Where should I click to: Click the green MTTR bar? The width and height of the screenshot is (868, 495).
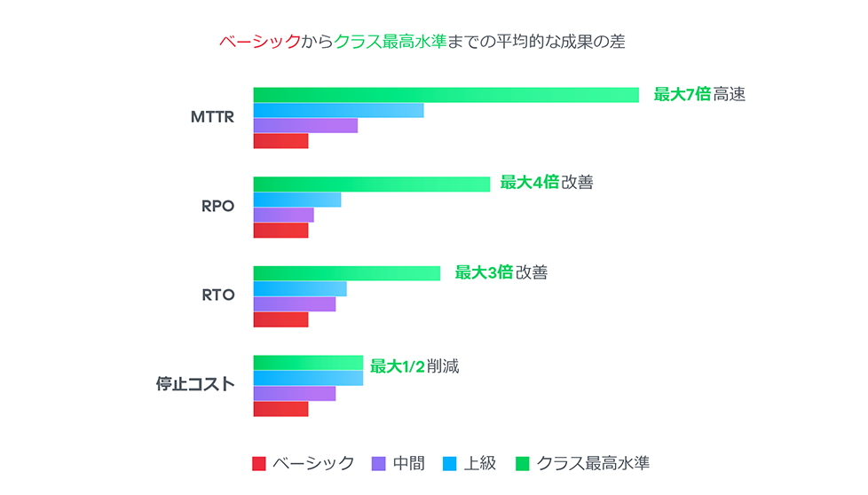click(446, 95)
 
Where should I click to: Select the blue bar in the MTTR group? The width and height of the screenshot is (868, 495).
click(338, 111)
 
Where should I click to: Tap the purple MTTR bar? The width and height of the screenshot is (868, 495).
click(305, 126)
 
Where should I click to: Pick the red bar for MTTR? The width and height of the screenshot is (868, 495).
click(280, 141)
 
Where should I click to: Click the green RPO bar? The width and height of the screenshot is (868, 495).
click(371, 185)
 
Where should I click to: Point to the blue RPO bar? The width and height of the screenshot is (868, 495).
click(296, 200)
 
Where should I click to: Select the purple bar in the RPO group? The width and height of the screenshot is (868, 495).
click(283, 216)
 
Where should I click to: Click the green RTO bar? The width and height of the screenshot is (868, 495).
click(346, 273)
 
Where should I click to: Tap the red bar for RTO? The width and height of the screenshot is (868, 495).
click(280, 319)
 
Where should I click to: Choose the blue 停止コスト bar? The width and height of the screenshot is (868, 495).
click(308, 379)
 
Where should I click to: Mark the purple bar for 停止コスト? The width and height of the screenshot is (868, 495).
click(294, 394)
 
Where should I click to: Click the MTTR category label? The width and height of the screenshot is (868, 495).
click(213, 117)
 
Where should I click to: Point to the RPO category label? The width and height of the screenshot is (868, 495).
click(217, 207)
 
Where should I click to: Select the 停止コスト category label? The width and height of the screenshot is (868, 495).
click(195, 385)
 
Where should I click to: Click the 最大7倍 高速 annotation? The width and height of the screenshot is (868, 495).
click(699, 95)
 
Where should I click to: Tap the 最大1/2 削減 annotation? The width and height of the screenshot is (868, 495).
click(414, 366)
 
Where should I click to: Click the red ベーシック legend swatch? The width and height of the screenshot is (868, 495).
click(259, 464)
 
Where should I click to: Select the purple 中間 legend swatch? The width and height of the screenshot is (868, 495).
click(379, 464)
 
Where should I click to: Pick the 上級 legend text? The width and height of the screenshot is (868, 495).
click(480, 464)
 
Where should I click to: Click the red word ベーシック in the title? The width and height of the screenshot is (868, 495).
click(259, 42)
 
